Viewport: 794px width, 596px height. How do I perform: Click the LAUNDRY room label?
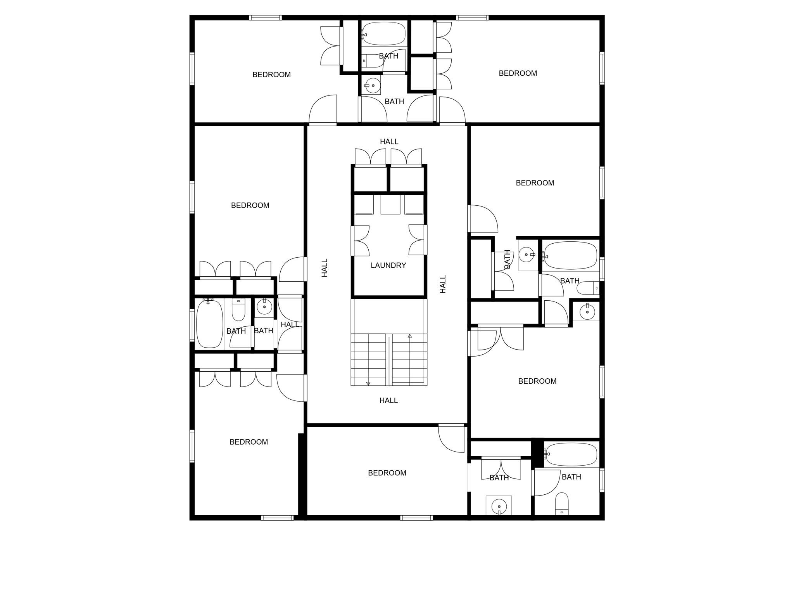388,265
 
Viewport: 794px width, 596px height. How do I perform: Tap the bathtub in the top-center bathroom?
384,33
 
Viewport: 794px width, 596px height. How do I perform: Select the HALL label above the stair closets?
389,142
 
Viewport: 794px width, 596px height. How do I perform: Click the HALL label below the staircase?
388,400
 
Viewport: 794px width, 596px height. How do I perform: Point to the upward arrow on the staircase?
410,336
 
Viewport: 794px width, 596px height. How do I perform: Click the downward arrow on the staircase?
368,384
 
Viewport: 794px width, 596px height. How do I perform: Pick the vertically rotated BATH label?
507,259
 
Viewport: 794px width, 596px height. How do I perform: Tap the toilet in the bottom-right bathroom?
562,504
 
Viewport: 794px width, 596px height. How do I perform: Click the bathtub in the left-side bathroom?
210,324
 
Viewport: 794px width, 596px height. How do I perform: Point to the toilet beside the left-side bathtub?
238,309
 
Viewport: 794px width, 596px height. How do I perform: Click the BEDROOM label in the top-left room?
271,74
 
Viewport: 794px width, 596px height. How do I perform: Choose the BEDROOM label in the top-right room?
518,73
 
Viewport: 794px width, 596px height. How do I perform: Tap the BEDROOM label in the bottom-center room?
387,473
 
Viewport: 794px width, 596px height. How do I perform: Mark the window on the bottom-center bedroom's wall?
416,518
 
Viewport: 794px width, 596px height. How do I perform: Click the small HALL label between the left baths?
290,324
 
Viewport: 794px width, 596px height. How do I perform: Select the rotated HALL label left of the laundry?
325,268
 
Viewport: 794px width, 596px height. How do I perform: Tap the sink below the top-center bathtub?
373,85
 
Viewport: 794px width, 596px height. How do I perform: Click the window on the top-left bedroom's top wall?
265,17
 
